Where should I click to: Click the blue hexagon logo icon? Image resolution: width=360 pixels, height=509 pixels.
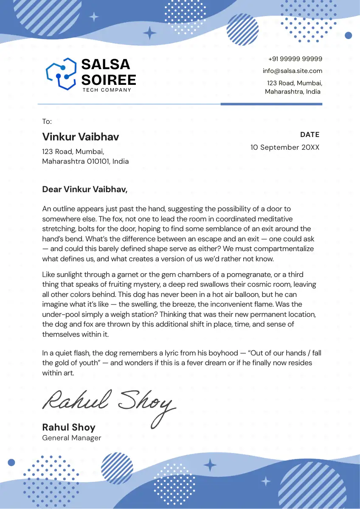pos(61,74)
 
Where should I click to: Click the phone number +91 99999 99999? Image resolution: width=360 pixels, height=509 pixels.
pos(295,59)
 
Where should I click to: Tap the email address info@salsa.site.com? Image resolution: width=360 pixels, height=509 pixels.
pos(292,71)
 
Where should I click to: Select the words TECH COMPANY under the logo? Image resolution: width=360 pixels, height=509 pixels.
pos(107,90)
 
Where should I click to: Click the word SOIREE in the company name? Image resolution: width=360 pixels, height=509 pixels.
pos(109,79)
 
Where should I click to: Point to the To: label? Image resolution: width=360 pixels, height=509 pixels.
pos(47,122)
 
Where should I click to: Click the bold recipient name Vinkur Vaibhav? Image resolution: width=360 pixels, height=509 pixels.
pos(81,137)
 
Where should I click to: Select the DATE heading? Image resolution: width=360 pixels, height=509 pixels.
pos(309,135)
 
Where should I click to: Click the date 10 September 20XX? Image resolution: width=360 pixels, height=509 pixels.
pos(285,147)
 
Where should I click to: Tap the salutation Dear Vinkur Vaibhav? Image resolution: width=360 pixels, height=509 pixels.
pos(85,189)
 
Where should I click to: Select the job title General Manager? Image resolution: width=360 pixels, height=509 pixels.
pos(72,438)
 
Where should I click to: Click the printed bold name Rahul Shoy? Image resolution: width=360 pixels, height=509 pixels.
pos(69,427)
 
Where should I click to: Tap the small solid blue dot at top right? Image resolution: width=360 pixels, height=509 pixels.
pos(349,35)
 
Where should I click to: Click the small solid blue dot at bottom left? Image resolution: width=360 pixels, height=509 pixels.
pos(11,462)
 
